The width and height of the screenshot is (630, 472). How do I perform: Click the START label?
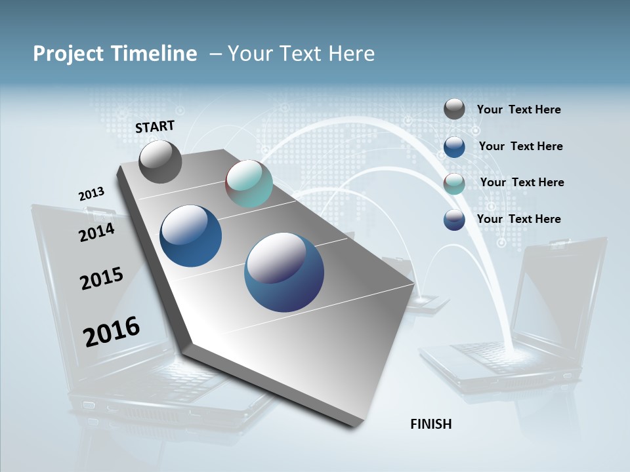coord(155,127)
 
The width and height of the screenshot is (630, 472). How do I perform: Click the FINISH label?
coord(430,424)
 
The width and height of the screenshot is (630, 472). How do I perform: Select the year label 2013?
coord(91,194)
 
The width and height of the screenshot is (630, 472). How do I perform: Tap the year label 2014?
coord(96,232)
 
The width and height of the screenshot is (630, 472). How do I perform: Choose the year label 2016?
coord(111,331)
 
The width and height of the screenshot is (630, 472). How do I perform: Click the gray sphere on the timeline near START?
coord(160,162)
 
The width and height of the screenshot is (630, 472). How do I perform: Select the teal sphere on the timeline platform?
coord(249,184)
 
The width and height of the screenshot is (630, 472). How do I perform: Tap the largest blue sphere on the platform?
coord(284,272)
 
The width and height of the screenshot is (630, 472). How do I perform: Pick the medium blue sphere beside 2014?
coord(190,236)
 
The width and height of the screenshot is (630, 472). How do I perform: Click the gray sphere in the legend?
coord(454,109)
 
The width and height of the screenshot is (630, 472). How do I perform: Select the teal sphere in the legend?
coord(454,184)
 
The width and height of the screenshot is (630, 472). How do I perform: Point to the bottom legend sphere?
coord(454,220)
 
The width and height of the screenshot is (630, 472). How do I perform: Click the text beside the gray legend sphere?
coord(518,109)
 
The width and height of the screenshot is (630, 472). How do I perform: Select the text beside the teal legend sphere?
coord(522,182)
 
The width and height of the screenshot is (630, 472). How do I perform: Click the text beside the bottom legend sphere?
coord(518,219)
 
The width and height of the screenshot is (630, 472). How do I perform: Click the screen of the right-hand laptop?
coord(558,295)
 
